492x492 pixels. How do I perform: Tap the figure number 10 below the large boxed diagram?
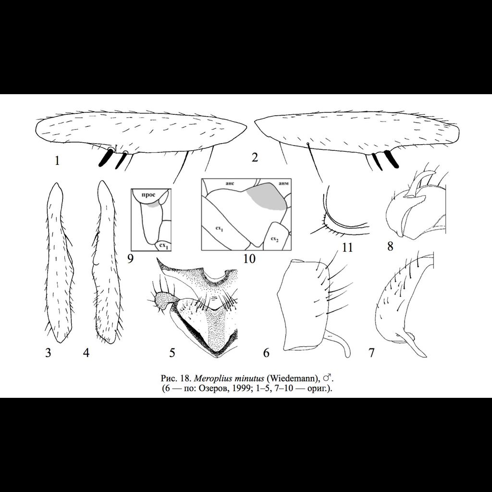[249, 259]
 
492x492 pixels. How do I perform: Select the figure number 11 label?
[347, 248]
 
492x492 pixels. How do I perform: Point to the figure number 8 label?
[390, 247]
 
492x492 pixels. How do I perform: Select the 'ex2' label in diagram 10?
[274, 239]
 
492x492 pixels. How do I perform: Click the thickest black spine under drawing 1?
[105, 158]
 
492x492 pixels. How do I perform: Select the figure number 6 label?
[266, 353]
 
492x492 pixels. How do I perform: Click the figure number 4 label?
[86, 353]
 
